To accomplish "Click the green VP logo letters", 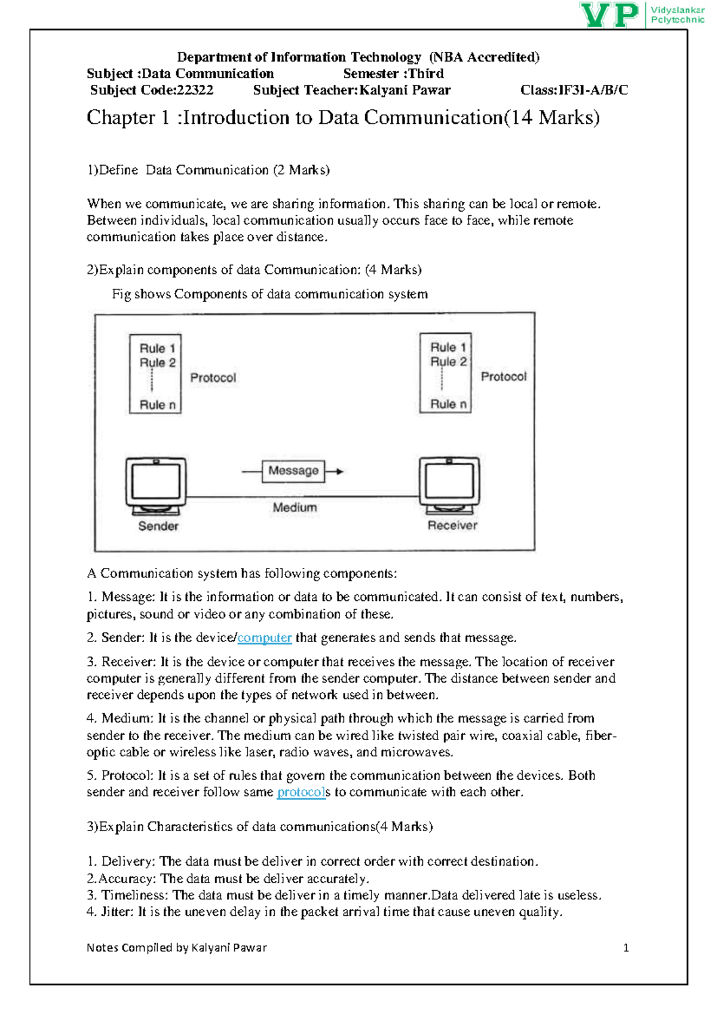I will [x=609, y=15].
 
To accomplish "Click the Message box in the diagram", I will [x=293, y=471].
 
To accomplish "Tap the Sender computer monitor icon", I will [x=156, y=482].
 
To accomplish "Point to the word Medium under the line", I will [x=295, y=508].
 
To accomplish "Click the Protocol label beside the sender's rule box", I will [x=213, y=378].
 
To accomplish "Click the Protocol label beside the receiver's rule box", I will [x=504, y=377].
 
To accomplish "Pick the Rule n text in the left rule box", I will [x=158, y=405].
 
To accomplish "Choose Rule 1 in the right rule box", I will [x=448, y=347].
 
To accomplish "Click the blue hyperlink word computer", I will [x=264, y=638].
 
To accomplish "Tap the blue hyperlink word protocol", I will [x=301, y=792].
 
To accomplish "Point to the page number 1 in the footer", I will [x=626, y=948].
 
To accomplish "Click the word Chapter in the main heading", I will [x=120, y=117].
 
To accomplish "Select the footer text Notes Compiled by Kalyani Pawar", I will [x=176, y=948].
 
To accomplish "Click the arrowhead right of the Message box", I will [x=339, y=472].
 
